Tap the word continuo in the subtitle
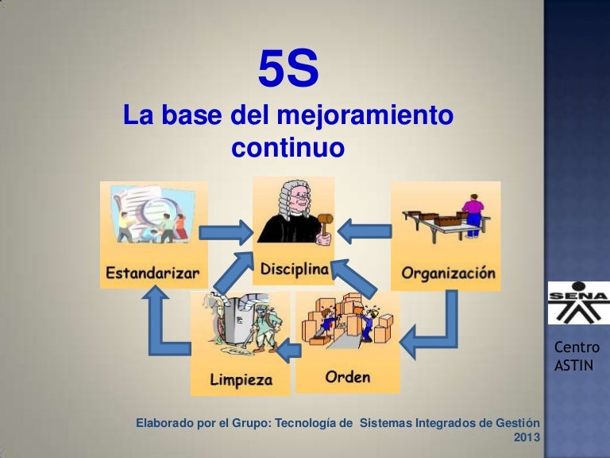coord(288,147)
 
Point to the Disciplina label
coord(294,270)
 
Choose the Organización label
coord(448,274)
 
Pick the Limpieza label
coord(241,378)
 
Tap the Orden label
coord(347,375)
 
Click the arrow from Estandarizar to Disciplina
coord(225,232)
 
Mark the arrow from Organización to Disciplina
coord(365,231)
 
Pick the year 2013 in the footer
coord(527,437)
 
